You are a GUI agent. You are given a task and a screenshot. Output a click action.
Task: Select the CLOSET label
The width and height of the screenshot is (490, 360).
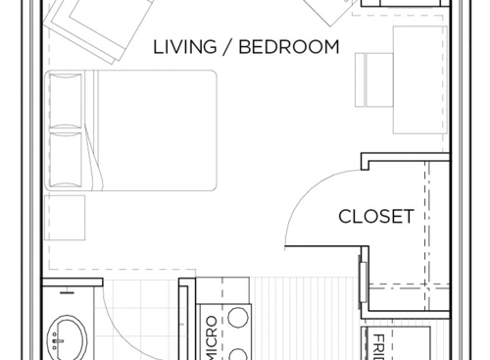coord(375,217)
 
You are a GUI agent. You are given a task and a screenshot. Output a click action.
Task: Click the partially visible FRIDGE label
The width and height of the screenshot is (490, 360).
coord(379,346)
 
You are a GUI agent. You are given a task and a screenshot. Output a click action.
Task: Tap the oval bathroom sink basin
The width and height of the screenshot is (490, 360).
coord(67,337)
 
